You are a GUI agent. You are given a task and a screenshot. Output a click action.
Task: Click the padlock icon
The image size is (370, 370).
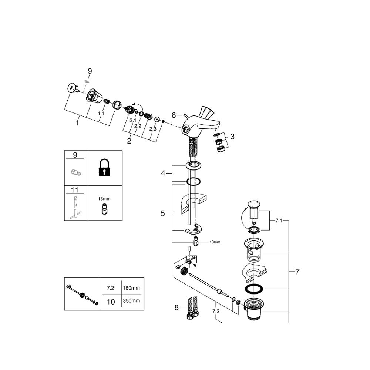pos(104,168)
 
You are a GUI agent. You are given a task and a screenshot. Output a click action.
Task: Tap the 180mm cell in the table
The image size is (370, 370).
pos(131,288)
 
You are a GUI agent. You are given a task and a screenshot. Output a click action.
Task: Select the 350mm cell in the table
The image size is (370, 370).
pos(131,300)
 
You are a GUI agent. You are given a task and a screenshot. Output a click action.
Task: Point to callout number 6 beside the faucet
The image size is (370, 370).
pos(174,115)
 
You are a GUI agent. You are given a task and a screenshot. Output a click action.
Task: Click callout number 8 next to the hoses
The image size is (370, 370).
pos(176,308)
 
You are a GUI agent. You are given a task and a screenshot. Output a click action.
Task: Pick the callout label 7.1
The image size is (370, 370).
pos(279,221)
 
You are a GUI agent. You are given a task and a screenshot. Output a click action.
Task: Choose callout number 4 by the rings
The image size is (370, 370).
pos(163,173)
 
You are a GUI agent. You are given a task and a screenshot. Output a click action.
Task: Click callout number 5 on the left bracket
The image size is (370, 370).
pos(163,213)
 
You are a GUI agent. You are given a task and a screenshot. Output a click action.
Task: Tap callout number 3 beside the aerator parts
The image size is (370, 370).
pos(232,137)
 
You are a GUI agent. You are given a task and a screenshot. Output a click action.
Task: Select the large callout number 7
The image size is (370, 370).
pos(297,272)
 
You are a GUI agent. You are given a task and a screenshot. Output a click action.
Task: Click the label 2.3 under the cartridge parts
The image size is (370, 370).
pos(153,129)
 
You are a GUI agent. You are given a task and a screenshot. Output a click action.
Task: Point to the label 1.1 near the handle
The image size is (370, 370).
pos(101,114)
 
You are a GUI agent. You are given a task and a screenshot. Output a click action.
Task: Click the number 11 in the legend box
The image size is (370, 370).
pos(75,190)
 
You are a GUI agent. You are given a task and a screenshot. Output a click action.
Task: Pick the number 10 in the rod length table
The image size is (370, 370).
pos(111,302)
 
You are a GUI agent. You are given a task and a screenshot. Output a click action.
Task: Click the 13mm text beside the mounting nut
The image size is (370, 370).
pos(215,242)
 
